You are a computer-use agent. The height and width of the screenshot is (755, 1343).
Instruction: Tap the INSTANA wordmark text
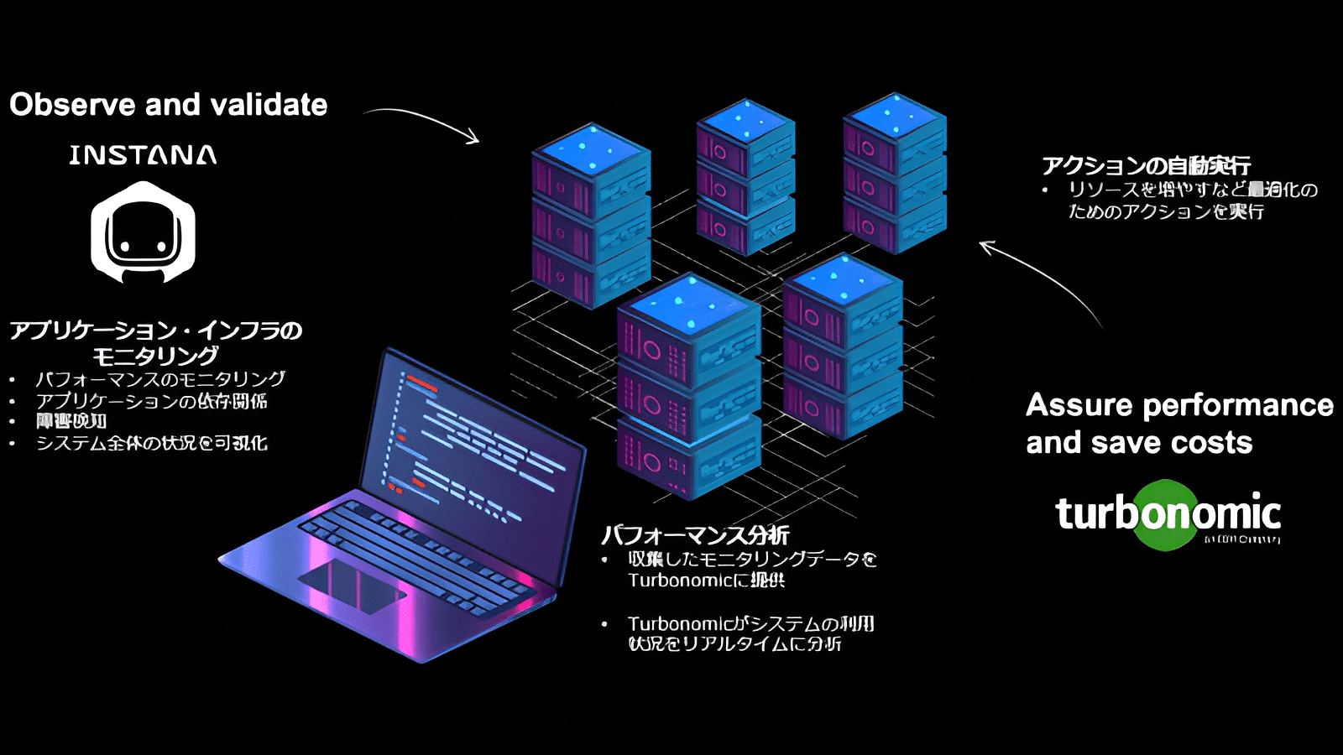click(x=143, y=155)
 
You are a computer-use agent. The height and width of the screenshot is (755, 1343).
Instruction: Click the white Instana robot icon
click(x=143, y=233)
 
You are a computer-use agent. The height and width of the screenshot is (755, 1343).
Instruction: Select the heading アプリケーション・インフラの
click(x=156, y=331)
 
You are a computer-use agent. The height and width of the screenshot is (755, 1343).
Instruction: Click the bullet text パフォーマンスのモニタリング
click(x=159, y=379)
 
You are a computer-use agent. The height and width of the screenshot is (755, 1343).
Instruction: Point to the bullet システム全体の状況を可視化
click(x=151, y=443)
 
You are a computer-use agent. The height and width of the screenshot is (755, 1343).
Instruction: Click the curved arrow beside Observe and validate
click(x=424, y=122)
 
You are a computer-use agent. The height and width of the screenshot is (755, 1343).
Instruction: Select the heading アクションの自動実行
click(x=1146, y=165)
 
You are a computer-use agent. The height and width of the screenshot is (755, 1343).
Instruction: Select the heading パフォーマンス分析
click(x=695, y=534)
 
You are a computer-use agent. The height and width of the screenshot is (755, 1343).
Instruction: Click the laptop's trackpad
click(x=353, y=585)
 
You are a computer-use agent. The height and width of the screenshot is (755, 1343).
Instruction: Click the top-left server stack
click(x=591, y=216)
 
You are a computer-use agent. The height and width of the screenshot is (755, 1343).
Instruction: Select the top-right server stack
click(x=894, y=174)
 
